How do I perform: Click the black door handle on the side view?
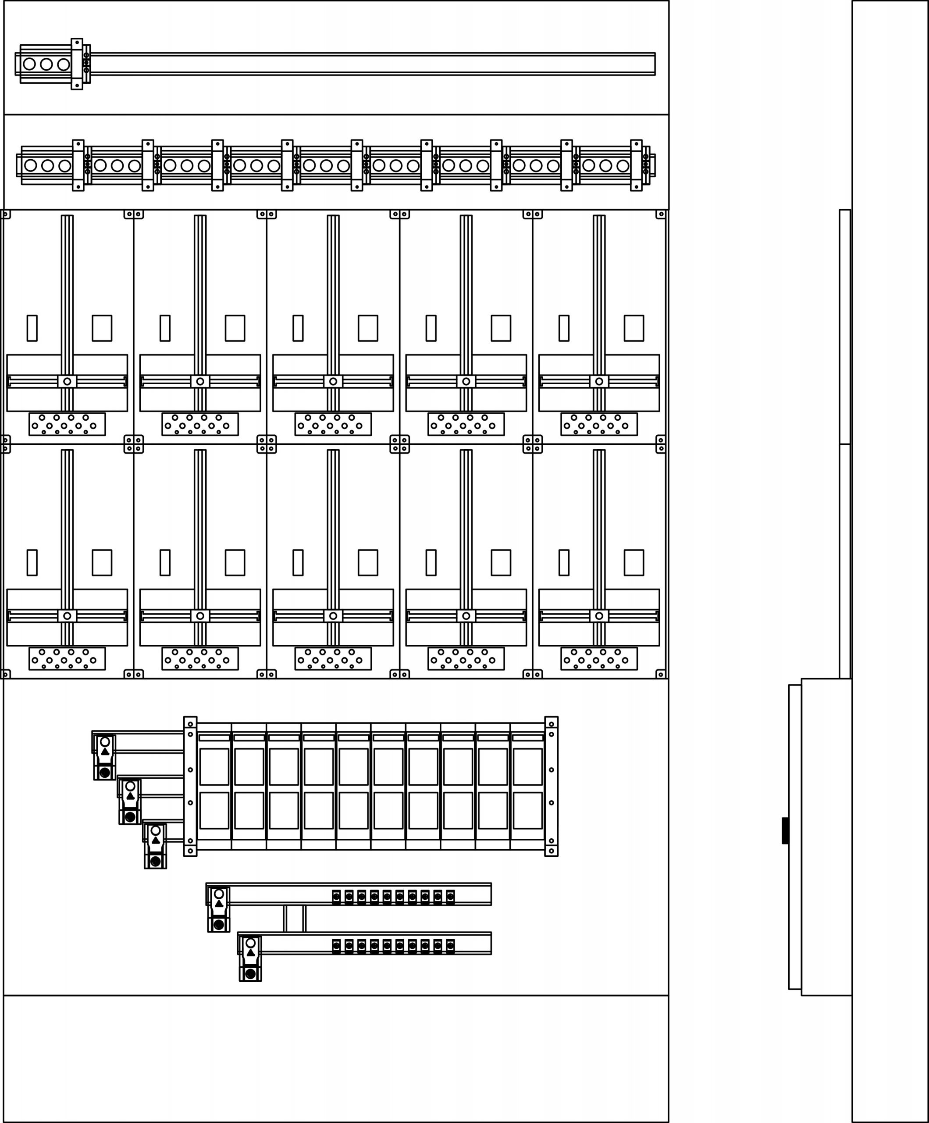pos(785,830)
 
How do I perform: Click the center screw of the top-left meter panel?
pos(67,381)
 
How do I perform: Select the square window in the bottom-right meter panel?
pos(634,562)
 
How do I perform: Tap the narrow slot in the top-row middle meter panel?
pos(298,328)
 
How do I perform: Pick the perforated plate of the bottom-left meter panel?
pos(67,658)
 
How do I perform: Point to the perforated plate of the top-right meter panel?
pos(599,424)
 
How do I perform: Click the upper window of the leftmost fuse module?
pos(214,766)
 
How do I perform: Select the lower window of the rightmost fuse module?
pos(527,810)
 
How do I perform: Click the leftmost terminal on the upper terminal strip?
pos(336,897)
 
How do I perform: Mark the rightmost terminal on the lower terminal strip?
pos(450,946)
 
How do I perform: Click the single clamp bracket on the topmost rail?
pos(77,64)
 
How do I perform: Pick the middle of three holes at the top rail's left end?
pos(46,64)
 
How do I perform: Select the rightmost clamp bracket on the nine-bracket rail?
pos(636,165)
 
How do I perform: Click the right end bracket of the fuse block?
pos(551,786)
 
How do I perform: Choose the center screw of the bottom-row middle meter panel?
pos(333,615)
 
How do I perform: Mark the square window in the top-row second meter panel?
pos(235,328)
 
